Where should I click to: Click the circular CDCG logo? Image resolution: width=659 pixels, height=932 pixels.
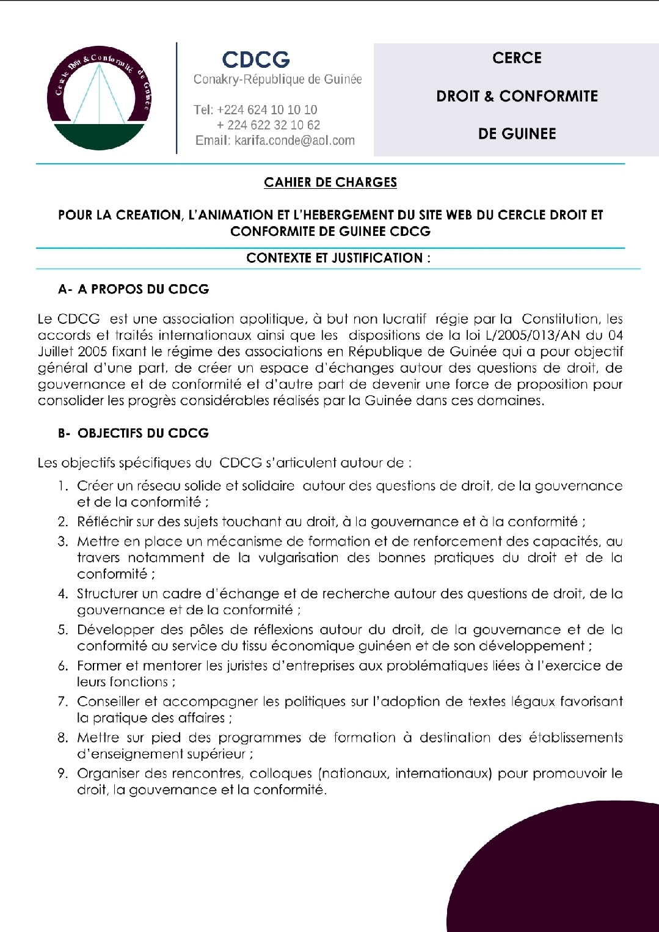(x=100, y=98)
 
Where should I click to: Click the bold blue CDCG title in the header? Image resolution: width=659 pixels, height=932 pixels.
(x=256, y=59)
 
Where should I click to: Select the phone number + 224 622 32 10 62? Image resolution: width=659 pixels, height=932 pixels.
(x=268, y=125)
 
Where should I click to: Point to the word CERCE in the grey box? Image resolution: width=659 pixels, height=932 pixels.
(x=517, y=58)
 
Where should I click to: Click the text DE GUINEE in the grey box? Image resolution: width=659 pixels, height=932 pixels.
(x=517, y=134)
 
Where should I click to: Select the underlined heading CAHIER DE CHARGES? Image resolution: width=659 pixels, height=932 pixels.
(x=330, y=182)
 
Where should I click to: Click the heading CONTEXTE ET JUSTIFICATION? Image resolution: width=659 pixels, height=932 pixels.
(x=338, y=258)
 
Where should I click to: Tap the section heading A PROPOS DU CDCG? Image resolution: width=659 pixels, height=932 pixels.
(x=143, y=289)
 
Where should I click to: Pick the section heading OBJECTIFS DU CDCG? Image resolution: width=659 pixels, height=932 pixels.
(x=143, y=433)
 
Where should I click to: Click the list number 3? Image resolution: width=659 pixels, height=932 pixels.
(x=62, y=541)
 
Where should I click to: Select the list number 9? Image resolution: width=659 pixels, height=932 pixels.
(x=62, y=774)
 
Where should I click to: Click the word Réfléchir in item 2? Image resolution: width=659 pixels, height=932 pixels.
(x=103, y=522)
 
